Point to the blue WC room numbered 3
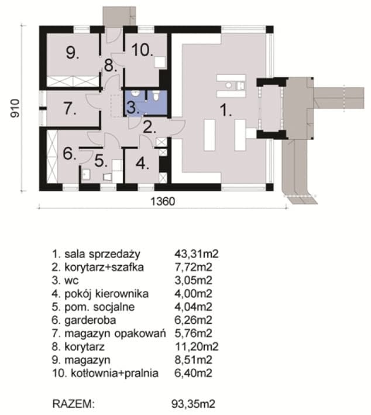pyautogui.click(x=133, y=107)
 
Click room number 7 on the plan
pyautogui.click(x=68, y=108)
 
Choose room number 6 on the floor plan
pyautogui.click(x=69, y=155)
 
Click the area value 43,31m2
pyautogui.click(x=195, y=254)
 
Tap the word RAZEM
pyautogui.click(x=73, y=403)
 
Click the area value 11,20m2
pyautogui.click(x=195, y=347)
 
